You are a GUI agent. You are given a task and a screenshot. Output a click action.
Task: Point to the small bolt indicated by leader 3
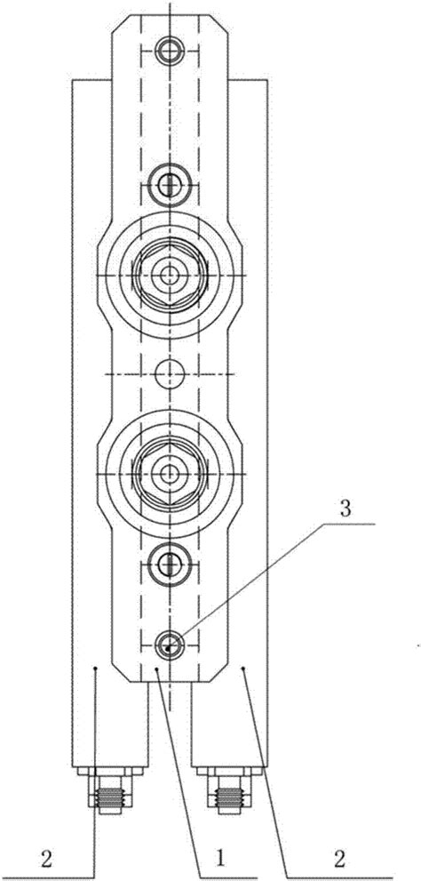click(x=169, y=644)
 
